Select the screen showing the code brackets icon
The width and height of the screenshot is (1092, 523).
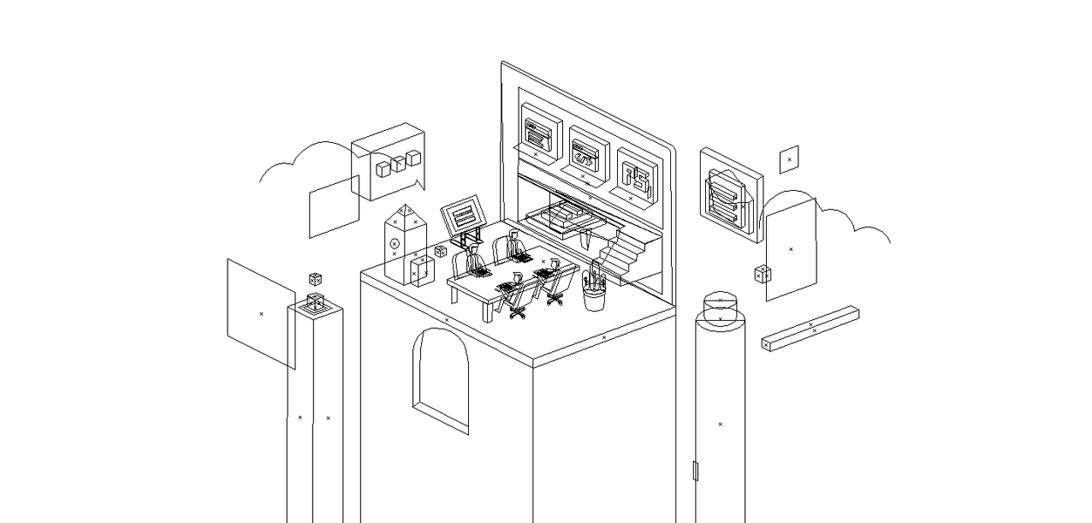tap(586, 153)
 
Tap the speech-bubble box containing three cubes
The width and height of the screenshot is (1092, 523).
tap(389, 162)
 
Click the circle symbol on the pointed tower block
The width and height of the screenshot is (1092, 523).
tap(394, 242)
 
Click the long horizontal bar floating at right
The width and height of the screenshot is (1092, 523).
tap(811, 328)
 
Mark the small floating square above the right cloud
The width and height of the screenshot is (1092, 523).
tap(789, 159)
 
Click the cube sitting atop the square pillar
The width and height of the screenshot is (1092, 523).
tap(315, 302)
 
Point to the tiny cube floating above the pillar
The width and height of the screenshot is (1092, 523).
tap(315, 279)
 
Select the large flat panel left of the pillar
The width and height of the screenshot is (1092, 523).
tap(261, 313)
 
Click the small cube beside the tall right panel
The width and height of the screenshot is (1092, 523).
tap(763, 274)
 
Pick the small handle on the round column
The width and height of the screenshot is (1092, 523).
tap(695, 471)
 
